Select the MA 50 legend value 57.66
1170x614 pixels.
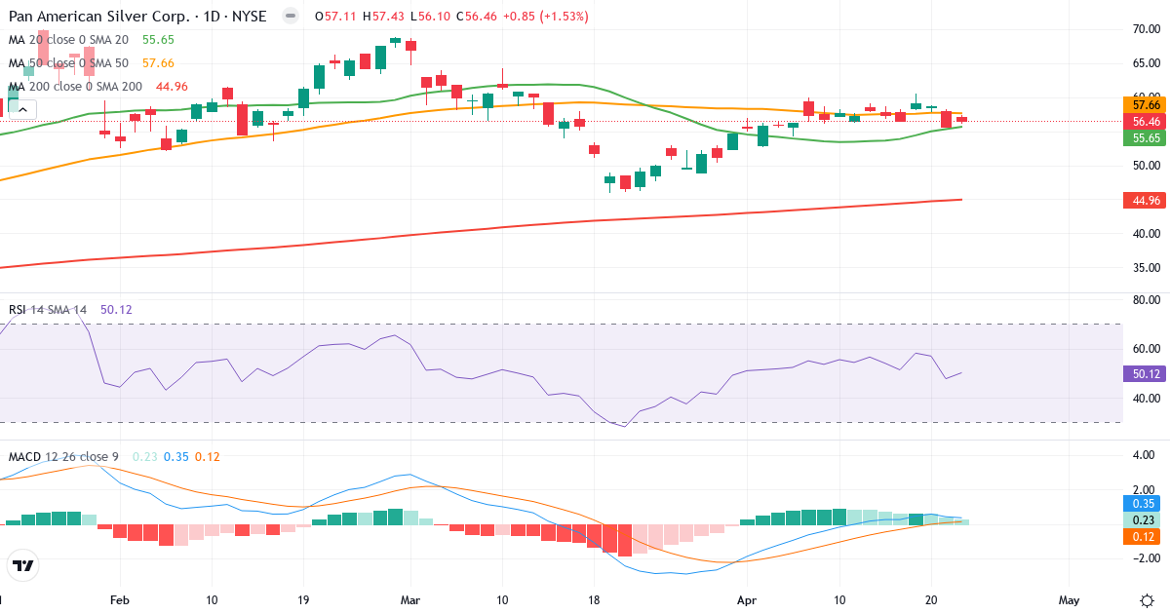click(158, 63)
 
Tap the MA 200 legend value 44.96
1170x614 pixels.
click(172, 87)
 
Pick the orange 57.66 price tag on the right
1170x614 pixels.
click(1146, 104)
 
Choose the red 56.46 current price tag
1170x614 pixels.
click(1146, 121)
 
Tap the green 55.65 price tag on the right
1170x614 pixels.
click(1146, 138)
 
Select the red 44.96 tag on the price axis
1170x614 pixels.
click(1146, 200)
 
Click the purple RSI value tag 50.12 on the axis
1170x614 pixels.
click(1146, 373)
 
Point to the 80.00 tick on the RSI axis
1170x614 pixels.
click(1144, 300)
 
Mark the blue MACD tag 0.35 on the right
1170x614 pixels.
click(1146, 504)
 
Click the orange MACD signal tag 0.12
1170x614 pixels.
click(1146, 536)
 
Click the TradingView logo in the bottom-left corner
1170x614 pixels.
click(23, 565)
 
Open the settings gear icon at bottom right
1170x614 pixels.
click(1147, 599)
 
